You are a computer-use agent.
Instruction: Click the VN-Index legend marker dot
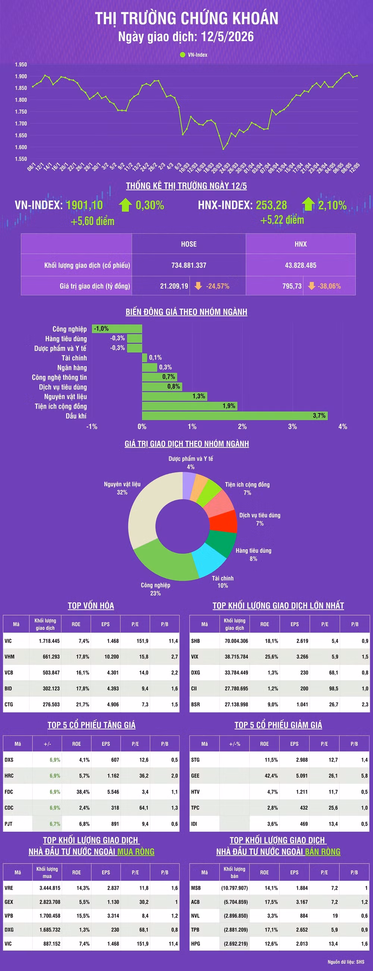(182, 55)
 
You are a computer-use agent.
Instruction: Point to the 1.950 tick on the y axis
(21, 65)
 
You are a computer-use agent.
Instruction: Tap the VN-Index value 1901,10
(84, 205)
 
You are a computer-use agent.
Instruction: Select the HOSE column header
(189, 244)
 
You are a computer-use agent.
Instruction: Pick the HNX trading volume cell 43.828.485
(301, 265)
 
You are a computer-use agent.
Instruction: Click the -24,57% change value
(217, 286)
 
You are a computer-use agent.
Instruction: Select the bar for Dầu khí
(235, 415)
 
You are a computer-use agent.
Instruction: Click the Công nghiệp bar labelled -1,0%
(117, 329)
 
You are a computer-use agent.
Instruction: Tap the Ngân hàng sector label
(72, 368)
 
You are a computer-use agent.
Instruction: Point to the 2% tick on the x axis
(242, 426)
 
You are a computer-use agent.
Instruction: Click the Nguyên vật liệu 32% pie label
(122, 488)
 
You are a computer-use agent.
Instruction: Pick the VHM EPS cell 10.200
(112, 657)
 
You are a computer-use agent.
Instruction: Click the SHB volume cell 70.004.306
(236, 641)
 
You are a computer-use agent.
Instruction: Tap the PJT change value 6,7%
(55, 824)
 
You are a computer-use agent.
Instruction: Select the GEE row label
(195, 776)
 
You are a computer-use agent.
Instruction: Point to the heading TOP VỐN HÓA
(91, 605)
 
